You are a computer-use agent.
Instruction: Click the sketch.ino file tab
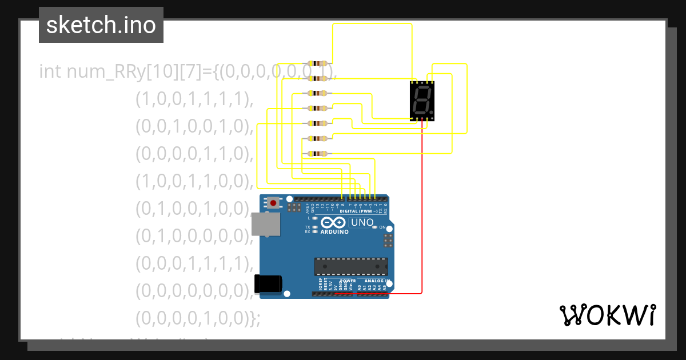point(101,25)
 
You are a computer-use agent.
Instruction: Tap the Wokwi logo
point(607,315)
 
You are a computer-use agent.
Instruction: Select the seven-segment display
point(422,101)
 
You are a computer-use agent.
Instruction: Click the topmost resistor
point(317,63)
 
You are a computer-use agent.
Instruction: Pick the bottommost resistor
point(317,153)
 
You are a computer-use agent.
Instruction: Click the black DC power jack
point(268,283)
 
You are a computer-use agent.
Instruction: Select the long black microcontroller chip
point(350,266)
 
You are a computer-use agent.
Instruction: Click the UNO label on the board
point(361,222)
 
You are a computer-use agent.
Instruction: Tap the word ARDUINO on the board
point(334,232)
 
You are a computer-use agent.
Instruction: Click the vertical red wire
point(422,206)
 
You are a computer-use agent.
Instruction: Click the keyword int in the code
point(50,72)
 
